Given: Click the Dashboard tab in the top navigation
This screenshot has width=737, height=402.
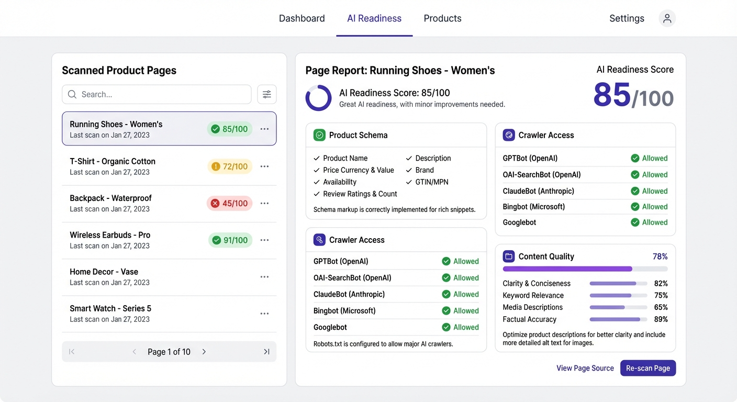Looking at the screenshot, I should click(301, 18).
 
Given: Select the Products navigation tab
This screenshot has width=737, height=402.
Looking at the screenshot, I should click(442, 18).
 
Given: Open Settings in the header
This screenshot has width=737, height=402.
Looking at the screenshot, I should click(627, 18).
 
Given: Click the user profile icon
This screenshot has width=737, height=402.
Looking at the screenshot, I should click(667, 18).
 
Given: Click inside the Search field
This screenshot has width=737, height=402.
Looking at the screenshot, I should click(157, 95).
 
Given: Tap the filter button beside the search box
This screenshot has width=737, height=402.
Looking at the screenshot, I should click(267, 95).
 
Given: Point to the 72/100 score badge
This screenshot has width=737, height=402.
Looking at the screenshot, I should click(230, 166).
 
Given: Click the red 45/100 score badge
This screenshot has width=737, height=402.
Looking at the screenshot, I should click(230, 203).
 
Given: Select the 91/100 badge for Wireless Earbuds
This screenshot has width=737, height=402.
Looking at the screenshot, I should click(230, 240).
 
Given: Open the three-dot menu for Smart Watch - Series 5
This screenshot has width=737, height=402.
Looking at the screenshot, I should click(264, 314).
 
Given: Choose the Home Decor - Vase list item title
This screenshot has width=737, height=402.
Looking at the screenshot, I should click(104, 272).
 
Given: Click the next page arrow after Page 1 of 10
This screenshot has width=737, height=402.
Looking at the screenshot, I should click(204, 352).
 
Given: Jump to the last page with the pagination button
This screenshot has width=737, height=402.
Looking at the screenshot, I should click(266, 352).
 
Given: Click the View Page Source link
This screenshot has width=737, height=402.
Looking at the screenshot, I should click(585, 368).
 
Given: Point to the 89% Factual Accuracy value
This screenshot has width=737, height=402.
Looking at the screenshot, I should click(661, 319).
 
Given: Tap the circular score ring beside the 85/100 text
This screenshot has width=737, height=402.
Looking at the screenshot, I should click(318, 98).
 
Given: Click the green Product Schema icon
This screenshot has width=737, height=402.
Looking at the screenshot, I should click(319, 135).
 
